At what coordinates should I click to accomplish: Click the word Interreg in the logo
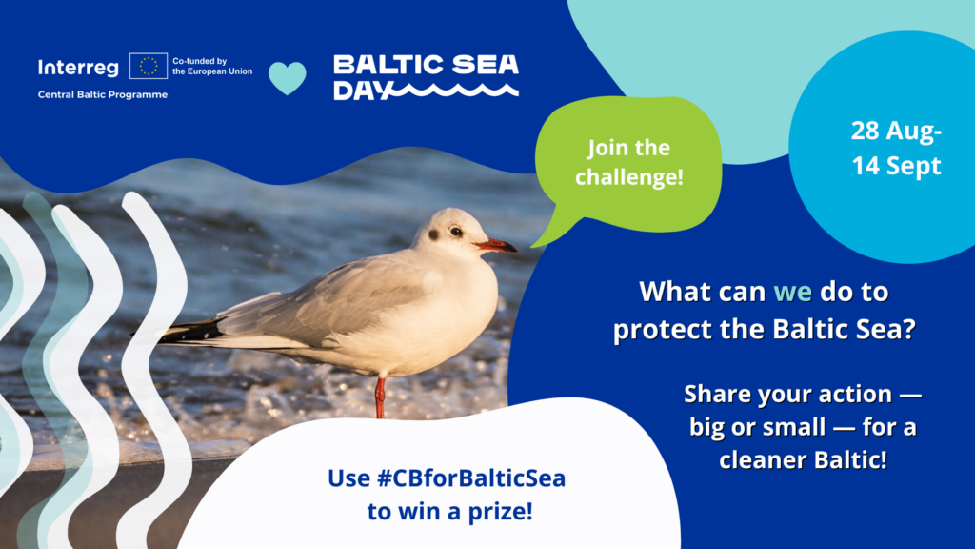pyautogui.click(x=78, y=68)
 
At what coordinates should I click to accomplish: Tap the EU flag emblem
pyautogui.click(x=148, y=66)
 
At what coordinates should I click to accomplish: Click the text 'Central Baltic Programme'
pyautogui.click(x=103, y=94)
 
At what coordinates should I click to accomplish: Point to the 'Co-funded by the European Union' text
pyautogui.click(x=212, y=66)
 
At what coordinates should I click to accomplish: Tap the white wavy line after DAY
pyautogui.click(x=456, y=91)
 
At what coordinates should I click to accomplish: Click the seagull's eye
pyautogui.click(x=456, y=233)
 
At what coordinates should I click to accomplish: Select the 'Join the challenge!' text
pyautogui.click(x=628, y=162)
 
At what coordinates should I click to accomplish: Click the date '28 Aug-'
pyautogui.click(x=896, y=132)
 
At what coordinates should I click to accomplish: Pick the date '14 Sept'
pyautogui.click(x=896, y=166)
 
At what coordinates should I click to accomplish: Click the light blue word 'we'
pyautogui.click(x=792, y=292)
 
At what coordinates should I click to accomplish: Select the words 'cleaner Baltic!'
pyautogui.click(x=803, y=460)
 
